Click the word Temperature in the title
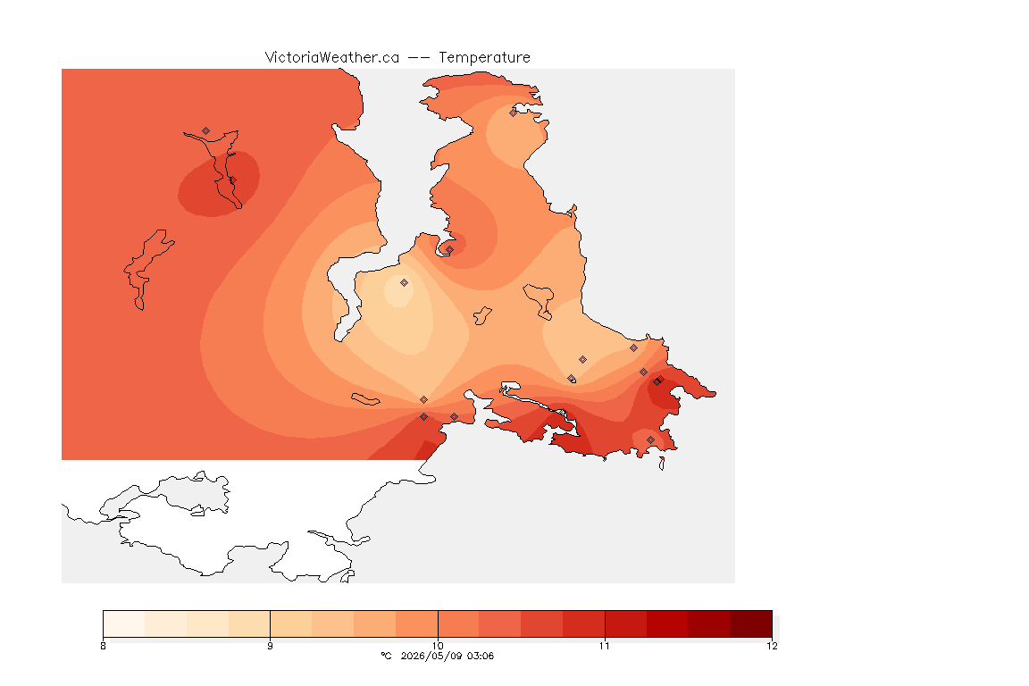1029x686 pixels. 484,58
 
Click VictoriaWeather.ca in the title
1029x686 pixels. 332,58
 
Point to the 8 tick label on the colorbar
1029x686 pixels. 103,646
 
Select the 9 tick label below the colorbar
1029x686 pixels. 271,646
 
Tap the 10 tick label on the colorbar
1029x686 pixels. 438,646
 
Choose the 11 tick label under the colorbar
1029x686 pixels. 605,646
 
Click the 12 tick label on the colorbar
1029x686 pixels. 772,646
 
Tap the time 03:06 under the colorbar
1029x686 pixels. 480,656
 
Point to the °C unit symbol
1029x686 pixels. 387,656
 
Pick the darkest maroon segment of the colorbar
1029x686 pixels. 750,623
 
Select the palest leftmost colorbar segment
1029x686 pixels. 124,623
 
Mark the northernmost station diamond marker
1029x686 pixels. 514,113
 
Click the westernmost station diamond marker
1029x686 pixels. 206,131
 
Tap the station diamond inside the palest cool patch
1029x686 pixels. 405,283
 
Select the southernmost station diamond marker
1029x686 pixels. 650,439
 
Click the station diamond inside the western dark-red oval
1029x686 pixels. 232,180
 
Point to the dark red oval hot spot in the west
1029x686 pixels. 219,184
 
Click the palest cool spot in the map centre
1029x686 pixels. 399,292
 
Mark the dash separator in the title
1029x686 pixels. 419,58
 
